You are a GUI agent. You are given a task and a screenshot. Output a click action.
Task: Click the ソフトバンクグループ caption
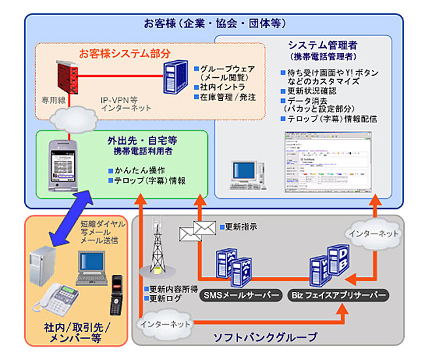tap(265, 337)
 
